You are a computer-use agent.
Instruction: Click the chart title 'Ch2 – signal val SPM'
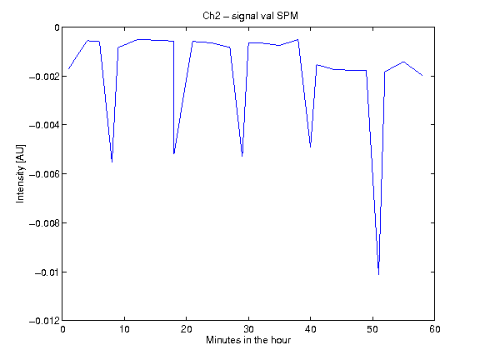250,16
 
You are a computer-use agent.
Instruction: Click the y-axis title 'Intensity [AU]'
21,173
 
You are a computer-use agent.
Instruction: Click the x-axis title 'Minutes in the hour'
248,340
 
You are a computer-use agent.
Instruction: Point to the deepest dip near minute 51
378,275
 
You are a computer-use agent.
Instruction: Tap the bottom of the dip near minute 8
112,162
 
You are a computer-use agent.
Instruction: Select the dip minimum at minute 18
174,153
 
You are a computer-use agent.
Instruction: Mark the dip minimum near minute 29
242,156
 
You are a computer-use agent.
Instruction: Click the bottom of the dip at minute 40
310,147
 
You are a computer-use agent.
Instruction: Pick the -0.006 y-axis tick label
44,174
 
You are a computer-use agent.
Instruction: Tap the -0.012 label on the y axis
44,321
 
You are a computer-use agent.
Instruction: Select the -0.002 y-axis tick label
44,76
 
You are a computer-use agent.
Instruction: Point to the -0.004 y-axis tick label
44,125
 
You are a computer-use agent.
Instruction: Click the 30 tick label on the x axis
248,329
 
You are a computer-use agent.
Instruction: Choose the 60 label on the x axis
435,329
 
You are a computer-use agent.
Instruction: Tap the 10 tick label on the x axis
124,329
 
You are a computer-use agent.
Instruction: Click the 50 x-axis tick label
372,329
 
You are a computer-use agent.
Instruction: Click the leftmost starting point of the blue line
68,69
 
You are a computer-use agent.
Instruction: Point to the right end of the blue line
422,75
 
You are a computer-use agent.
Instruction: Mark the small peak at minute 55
403,62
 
